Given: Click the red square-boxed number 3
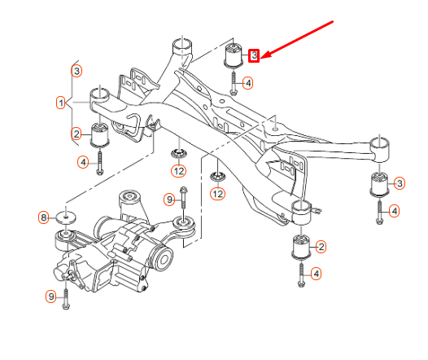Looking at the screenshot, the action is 254,55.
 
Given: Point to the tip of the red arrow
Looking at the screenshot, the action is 260,58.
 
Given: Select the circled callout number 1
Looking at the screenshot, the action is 60,103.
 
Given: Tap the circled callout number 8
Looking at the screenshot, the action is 44,217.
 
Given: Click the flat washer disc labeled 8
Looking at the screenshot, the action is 66,217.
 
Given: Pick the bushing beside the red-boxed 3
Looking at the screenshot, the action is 234,55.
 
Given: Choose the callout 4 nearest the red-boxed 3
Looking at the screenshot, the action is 248,83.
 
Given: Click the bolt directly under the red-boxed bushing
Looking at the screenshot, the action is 234,83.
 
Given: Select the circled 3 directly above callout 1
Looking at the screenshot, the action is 76,71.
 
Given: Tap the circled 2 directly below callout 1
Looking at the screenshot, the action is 76,134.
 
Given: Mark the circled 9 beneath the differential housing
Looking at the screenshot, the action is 51,296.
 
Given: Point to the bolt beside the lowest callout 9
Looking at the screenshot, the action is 66,300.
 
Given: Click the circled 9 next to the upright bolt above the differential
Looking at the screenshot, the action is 169,200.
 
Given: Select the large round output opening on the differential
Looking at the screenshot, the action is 163,259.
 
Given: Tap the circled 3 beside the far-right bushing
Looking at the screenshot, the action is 400,183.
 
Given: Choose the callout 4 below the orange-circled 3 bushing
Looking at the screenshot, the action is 394,211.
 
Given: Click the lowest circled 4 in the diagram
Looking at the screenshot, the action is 316,274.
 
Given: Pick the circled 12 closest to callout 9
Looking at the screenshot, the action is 178,171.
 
